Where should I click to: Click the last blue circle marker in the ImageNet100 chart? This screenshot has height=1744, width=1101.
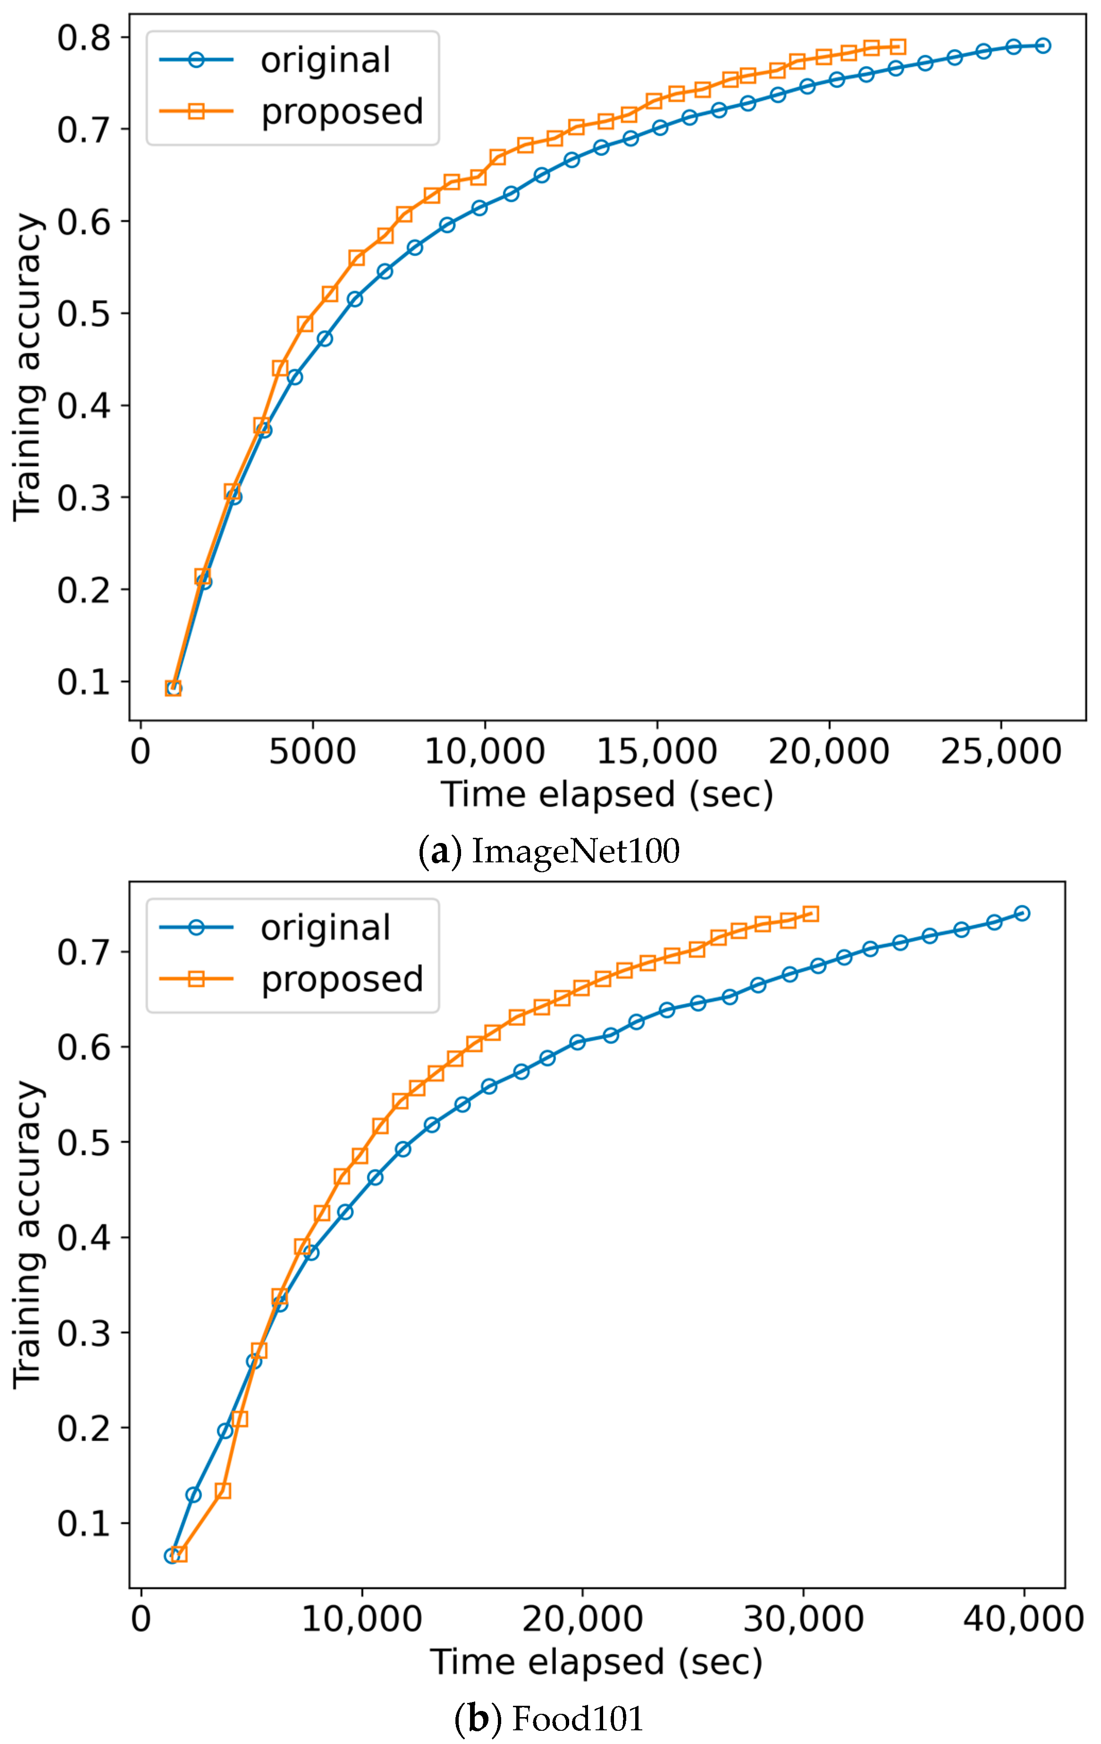pos(1043,46)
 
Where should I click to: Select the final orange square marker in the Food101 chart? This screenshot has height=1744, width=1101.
pos(811,913)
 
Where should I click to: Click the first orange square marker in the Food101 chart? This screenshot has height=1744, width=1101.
pos(179,1553)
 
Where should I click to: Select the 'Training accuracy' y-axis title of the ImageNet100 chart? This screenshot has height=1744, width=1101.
pos(27,367)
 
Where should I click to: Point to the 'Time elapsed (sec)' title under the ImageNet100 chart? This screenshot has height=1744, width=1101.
pos(607,794)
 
